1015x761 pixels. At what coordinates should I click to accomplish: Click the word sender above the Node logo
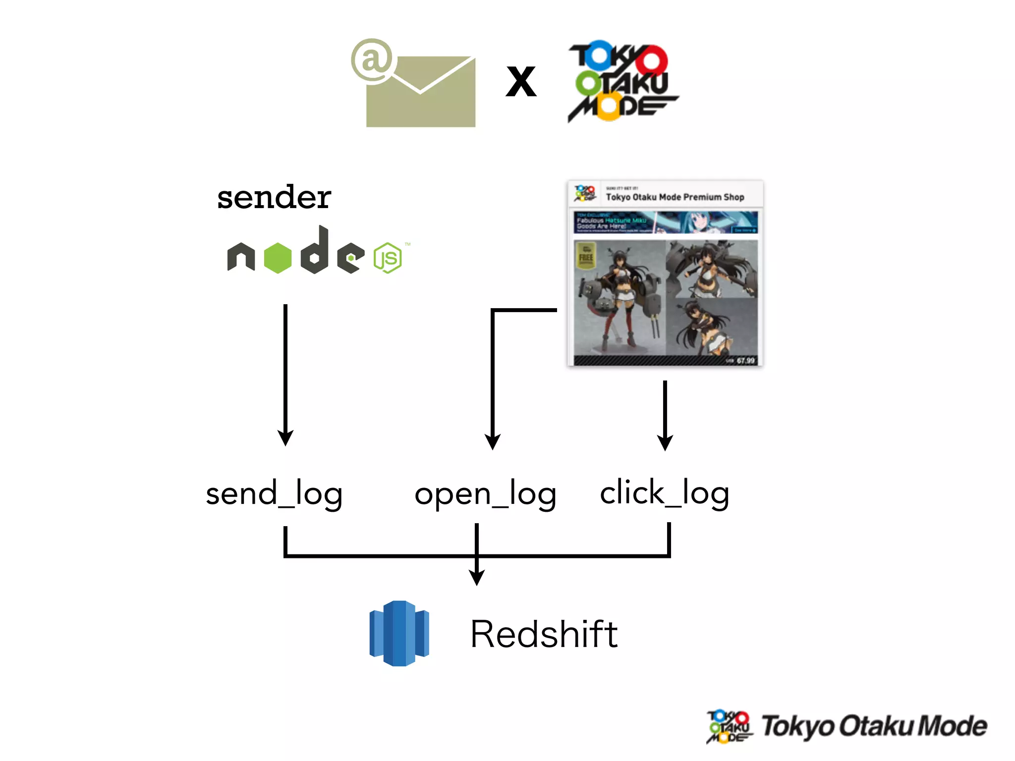(x=274, y=197)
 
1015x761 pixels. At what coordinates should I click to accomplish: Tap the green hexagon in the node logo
(x=278, y=258)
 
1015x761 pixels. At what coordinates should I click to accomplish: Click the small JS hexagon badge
(x=388, y=258)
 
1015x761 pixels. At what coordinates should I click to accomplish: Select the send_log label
(x=274, y=494)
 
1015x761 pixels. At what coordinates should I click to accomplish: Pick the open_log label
(x=485, y=494)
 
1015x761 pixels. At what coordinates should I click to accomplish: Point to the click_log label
(x=664, y=493)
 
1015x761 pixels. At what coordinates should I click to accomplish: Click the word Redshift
(x=544, y=634)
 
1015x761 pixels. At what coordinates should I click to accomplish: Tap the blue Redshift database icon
(x=399, y=633)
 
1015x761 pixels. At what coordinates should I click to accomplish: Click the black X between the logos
(x=521, y=82)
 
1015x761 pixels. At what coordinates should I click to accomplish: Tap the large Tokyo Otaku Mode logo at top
(x=622, y=82)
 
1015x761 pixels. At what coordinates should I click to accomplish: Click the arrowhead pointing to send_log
(x=285, y=437)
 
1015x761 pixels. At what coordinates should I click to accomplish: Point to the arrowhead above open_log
(x=493, y=441)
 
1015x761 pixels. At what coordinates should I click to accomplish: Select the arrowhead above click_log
(x=665, y=442)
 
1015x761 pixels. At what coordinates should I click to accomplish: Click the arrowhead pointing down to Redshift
(x=477, y=577)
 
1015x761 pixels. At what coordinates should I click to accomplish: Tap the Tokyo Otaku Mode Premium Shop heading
(x=675, y=197)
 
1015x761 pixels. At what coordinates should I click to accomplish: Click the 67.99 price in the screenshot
(x=745, y=361)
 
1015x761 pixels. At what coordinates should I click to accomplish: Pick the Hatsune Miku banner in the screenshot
(x=666, y=222)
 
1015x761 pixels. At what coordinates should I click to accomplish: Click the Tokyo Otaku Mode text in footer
(x=874, y=726)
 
